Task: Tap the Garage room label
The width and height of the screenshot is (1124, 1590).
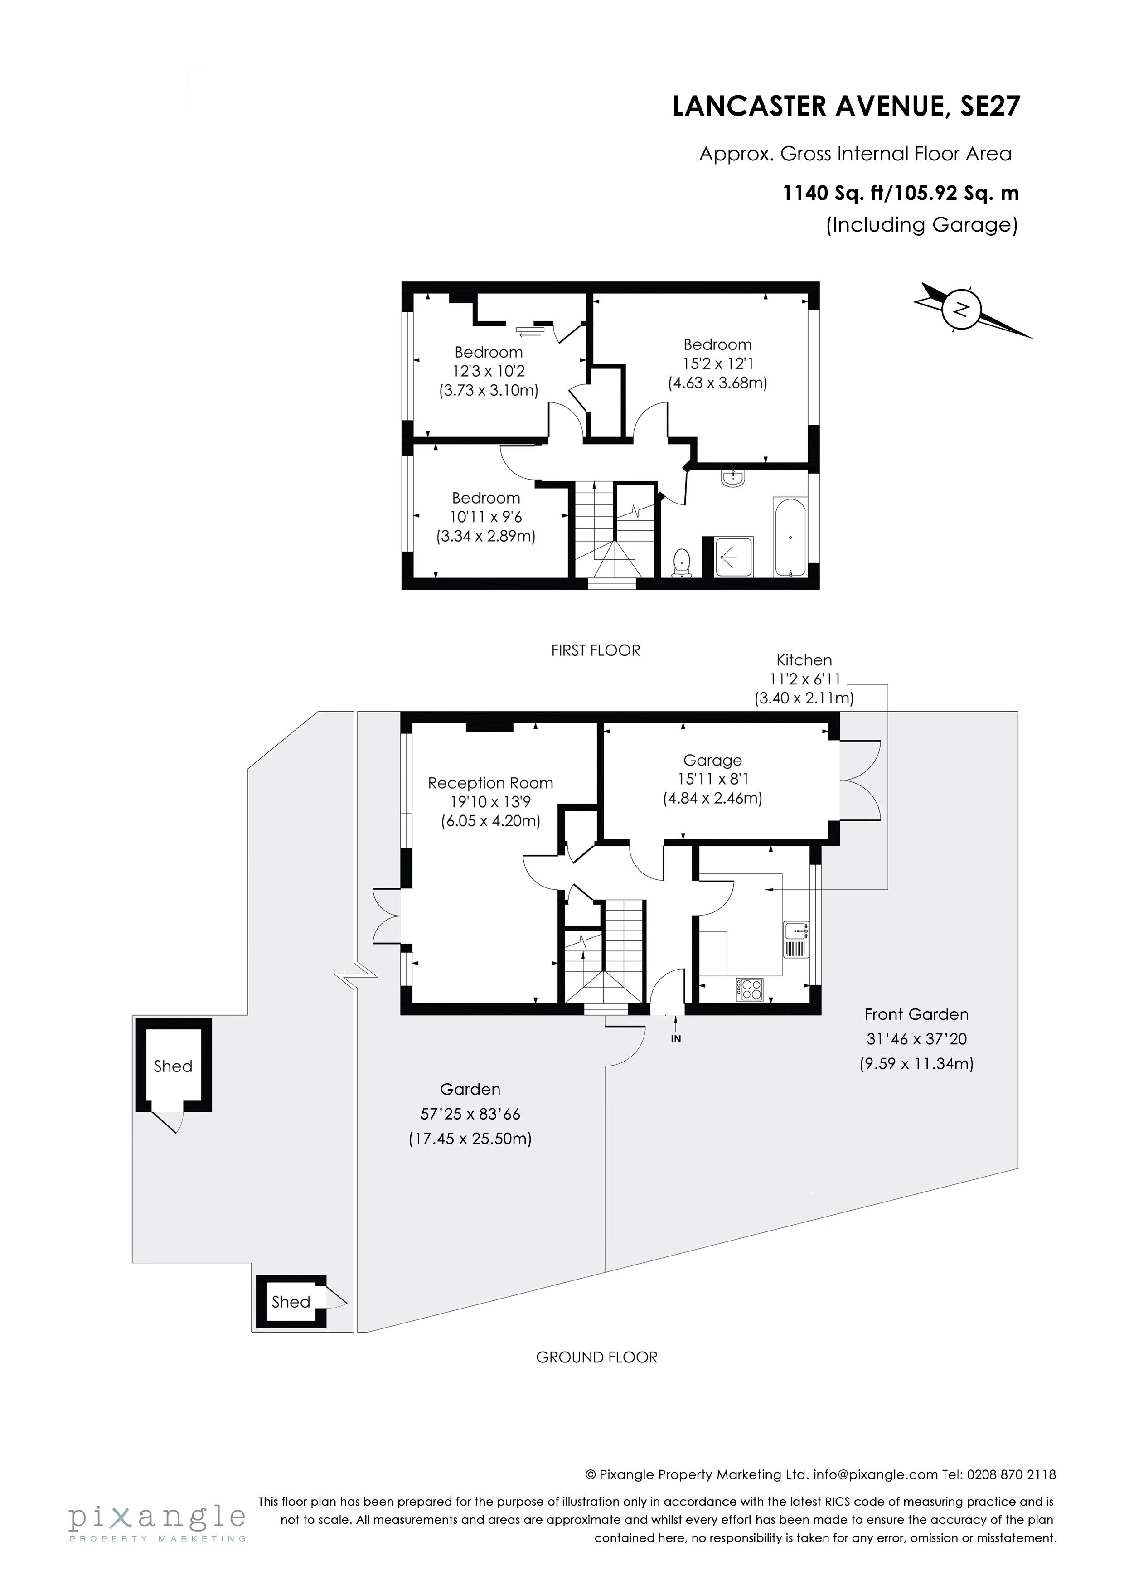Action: pos(712,761)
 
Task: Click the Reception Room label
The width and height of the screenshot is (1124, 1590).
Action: pos(490,783)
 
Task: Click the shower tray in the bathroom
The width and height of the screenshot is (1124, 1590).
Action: pos(733,556)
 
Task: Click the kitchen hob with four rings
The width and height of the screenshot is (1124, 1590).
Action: pos(749,989)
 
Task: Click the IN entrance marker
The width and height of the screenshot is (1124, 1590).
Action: pos(676,1039)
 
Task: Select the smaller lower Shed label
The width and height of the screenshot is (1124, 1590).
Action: pos(291,1302)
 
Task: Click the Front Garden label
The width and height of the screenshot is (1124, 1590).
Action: pos(916,1014)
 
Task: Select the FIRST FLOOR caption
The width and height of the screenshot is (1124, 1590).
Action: pos(596,650)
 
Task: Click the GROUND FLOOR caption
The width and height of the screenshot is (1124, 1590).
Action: pos(596,1357)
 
